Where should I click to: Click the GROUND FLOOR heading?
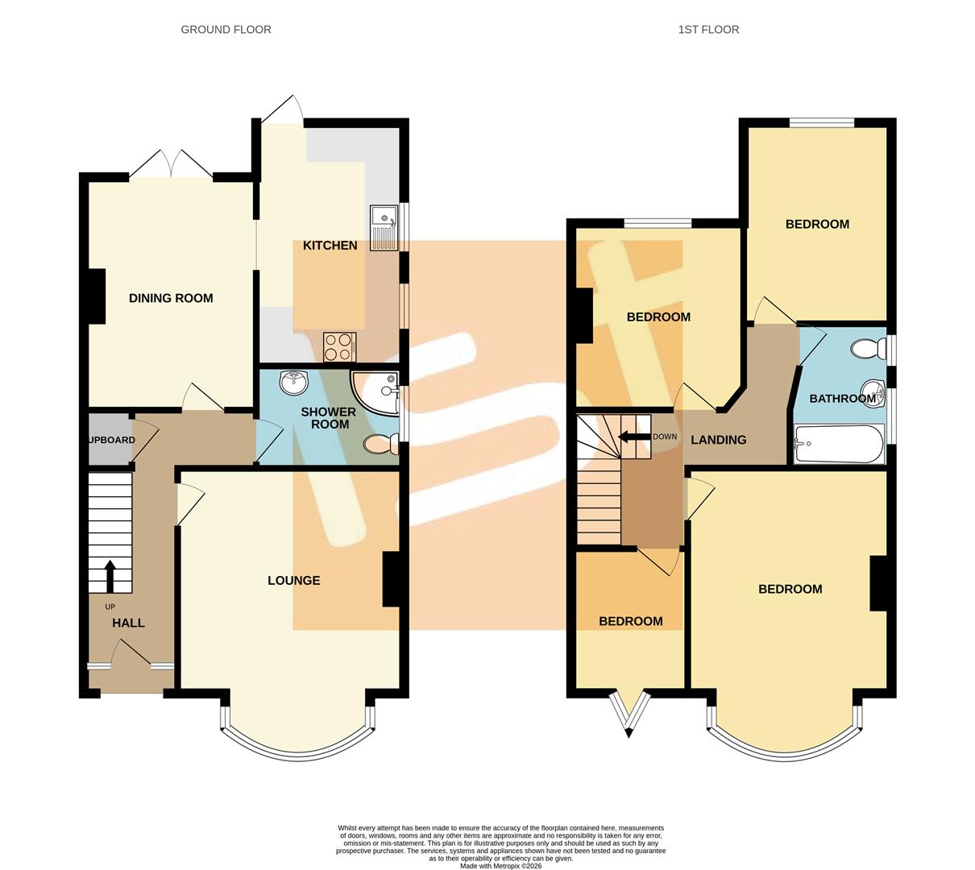pyautogui.click(x=226, y=30)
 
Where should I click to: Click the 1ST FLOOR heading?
pyautogui.click(x=708, y=30)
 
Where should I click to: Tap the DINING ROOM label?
pyautogui.click(x=171, y=298)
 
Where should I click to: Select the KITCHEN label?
pyautogui.click(x=330, y=246)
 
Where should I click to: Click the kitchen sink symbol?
pyautogui.click(x=383, y=226)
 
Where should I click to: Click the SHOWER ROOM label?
pyautogui.click(x=328, y=418)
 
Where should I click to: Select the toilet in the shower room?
pyautogui.click(x=381, y=443)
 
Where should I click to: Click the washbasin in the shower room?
pyautogui.click(x=290, y=381)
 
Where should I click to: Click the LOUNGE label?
pyautogui.click(x=293, y=581)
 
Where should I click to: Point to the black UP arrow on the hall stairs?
pyautogui.click(x=110, y=575)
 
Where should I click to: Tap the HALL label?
pyautogui.click(x=128, y=623)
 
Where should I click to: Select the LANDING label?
pyautogui.click(x=719, y=440)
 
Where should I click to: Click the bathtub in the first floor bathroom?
pyautogui.click(x=838, y=444)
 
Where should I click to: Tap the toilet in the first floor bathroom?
pyautogui.click(x=866, y=350)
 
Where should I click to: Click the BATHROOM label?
pyautogui.click(x=842, y=399)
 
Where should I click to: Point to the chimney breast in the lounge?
pyautogui.click(x=392, y=578)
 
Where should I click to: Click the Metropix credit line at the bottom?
pyautogui.click(x=500, y=866)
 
